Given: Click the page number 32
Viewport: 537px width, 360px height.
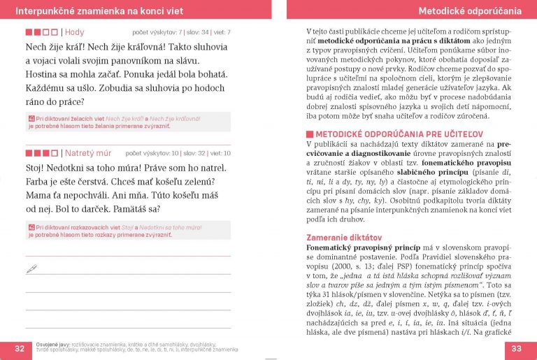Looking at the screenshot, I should [20, 349].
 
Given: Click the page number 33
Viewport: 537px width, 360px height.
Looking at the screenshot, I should [517, 349].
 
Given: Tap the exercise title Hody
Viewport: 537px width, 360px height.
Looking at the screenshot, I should [74, 32].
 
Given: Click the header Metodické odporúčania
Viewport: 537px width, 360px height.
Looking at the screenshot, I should [470, 11].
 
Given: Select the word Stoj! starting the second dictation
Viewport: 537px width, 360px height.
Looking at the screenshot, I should [35, 168].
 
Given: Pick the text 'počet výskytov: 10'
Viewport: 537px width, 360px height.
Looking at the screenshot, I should [152, 153].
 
